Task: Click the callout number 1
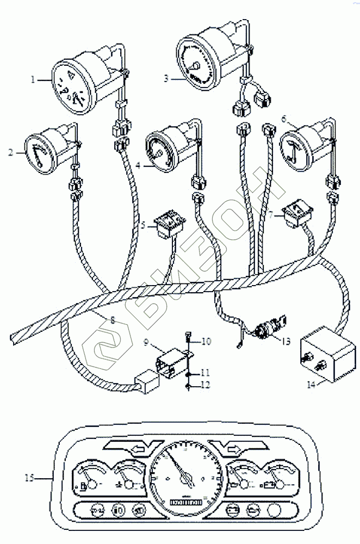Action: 33,79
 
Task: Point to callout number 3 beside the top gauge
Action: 166,78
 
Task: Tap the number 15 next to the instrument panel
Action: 29,478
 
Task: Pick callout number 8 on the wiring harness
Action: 113,320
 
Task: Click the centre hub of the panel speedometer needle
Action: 187,479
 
